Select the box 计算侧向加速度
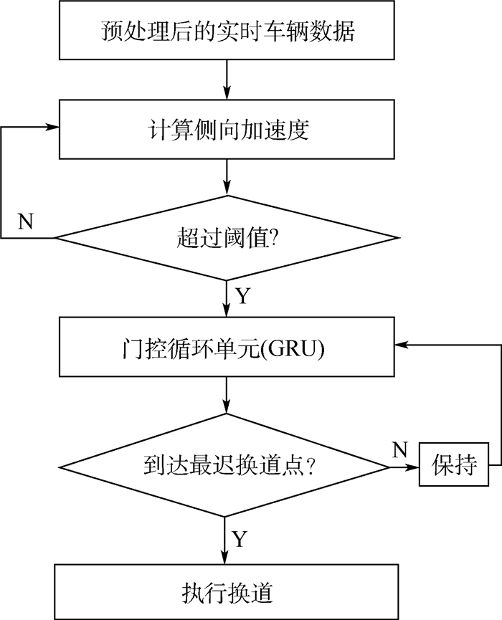(227, 130)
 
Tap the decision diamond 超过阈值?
(227, 237)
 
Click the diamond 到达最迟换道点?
(227, 467)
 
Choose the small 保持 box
(454, 467)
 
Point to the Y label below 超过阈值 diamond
(243, 296)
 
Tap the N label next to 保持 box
(400, 450)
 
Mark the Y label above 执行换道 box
(240, 539)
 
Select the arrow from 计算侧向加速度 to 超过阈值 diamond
(227, 177)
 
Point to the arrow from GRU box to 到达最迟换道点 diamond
(227, 394)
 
